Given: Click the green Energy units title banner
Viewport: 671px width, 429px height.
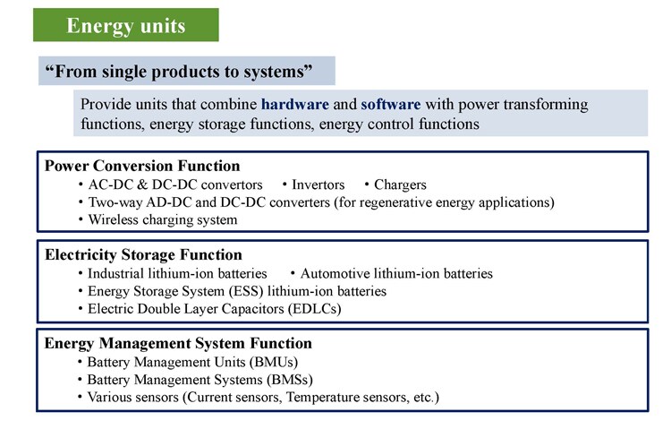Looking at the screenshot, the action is click(x=126, y=25).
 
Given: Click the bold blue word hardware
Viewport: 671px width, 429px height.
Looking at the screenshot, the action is click(x=295, y=104).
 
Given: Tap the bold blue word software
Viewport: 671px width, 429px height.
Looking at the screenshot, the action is click(x=391, y=104).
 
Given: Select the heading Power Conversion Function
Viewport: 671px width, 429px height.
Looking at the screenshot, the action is click(x=142, y=166).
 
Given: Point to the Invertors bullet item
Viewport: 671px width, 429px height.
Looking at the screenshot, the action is click(x=318, y=184).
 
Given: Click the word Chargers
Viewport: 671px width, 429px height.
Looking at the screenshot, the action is click(x=400, y=184).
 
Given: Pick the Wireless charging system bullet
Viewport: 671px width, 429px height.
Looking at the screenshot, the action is click(x=163, y=219).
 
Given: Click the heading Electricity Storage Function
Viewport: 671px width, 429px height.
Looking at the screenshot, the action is click(x=143, y=254).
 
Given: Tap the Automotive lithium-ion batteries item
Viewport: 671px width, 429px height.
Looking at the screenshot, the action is click(x=396, y=273).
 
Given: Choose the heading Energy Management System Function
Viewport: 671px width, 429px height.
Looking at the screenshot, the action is click(x=178, y=343).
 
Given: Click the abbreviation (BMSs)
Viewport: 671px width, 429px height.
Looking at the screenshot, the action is click(x=290, y=380).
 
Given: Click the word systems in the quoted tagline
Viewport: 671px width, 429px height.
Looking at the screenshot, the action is click(x=276, y=72).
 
